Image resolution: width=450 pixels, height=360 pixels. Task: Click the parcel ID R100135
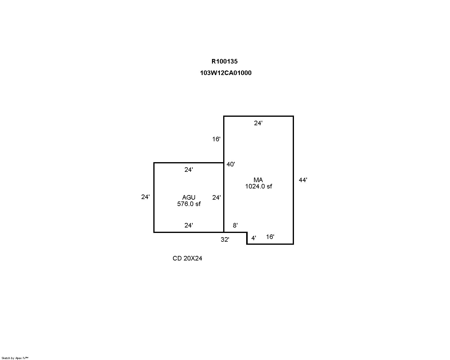[224, 61]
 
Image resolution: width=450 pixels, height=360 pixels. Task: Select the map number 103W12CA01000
[226, 73]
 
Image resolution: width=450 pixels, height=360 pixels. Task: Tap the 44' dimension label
[303, 180]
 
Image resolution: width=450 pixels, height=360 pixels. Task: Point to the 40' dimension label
[231, 164]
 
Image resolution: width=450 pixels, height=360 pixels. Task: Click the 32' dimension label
[225, 240]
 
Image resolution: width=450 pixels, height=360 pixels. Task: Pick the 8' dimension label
[235, 225]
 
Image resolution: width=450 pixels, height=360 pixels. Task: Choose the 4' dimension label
[253, 238]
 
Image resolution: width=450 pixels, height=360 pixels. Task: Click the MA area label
[258, 180]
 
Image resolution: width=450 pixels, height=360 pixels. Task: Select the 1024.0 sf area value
[259, 186]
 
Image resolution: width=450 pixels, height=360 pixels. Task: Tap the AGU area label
[189, 198]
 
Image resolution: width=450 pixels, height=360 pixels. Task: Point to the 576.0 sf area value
[189, 204]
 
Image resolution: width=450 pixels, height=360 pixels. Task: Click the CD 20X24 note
[187, 258]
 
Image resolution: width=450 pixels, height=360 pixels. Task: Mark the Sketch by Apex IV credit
[15, 358]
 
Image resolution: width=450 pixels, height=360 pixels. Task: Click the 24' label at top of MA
[258, 123]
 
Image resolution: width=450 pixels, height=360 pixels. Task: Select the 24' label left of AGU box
[145, 197]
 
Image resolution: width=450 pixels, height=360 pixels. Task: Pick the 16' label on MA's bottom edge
[270, 237]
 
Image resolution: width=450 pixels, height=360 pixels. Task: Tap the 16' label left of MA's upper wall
[216, 139]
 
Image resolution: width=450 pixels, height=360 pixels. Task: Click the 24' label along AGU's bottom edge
[188, 225]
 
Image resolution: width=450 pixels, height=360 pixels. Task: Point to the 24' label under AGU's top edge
[188, 170]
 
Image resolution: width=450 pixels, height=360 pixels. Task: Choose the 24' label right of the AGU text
[217, 198]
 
